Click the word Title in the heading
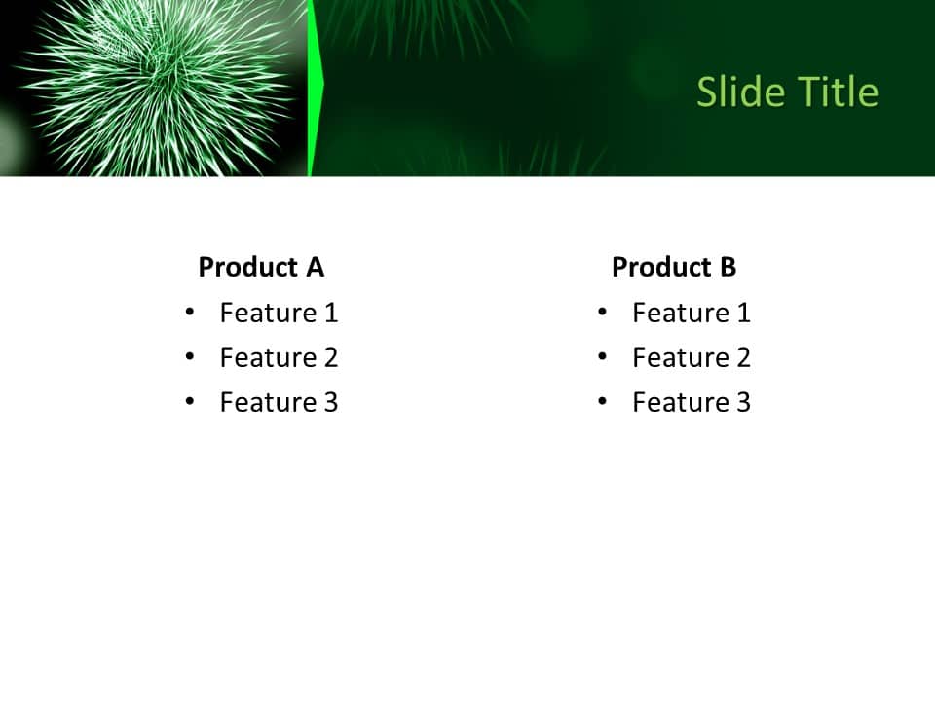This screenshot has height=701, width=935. [839, 92]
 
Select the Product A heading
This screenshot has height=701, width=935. [261, 267]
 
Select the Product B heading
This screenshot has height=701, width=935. [674, 267]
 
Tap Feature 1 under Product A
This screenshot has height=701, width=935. [279, 313]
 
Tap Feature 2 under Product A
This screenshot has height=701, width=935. [279, 357]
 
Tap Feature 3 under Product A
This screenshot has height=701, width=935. [279, 402]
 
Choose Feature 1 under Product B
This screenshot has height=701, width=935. [692, 313]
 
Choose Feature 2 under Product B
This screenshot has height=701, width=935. [692, 357]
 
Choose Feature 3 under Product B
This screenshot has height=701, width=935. [692, 402]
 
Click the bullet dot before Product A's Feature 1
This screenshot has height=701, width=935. [190, 312]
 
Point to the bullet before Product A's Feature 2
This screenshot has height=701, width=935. [190, 356]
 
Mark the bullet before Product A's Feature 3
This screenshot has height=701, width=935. [190, 401]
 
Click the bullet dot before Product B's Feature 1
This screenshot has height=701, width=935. [603, 312]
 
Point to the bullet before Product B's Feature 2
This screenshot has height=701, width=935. [603, 356]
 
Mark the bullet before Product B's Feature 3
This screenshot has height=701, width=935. [603, 401]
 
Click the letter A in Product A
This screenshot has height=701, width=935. [315, 267]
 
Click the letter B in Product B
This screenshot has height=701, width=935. [727, 267]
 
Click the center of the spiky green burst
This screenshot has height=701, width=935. [166, 83]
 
